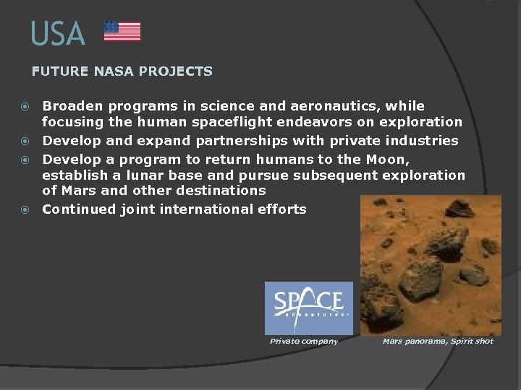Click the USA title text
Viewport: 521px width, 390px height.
[58, 34]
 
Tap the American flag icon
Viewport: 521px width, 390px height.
[122, 31]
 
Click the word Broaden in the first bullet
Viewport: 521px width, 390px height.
[71, 106]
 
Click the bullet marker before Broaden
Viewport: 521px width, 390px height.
[25, 107]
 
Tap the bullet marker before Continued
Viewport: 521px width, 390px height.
[25, 210]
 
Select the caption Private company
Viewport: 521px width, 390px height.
[304, 341]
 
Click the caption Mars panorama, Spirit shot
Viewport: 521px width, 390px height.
[438, 341]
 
